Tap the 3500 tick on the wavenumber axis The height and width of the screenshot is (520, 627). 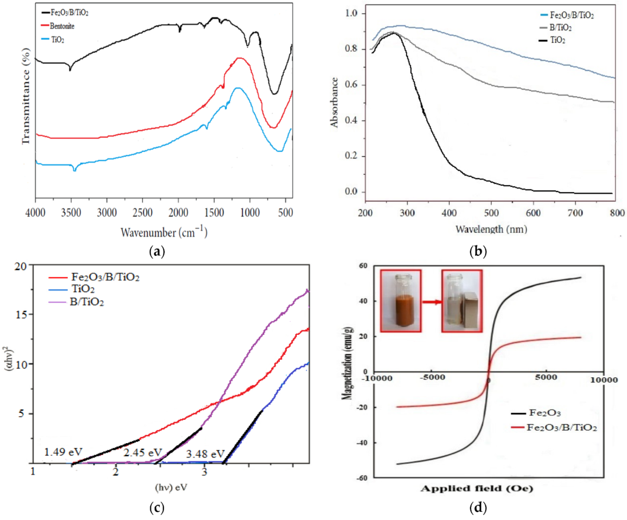(71, 213)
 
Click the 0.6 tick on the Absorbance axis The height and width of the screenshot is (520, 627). (351, 85)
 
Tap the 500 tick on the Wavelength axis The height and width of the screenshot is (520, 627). (491, 213)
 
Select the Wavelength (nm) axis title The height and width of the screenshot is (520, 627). (491, 229)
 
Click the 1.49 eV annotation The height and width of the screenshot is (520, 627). (63, 452)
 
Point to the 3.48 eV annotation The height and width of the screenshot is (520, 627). (205, 454)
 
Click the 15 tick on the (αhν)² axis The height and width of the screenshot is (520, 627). (21, 315)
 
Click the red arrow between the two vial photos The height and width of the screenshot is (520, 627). (431, 302)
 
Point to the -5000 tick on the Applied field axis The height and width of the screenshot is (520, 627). (432, 378)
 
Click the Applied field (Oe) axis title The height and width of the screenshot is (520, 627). (476, 489)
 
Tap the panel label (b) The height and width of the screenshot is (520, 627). (478, 251)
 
